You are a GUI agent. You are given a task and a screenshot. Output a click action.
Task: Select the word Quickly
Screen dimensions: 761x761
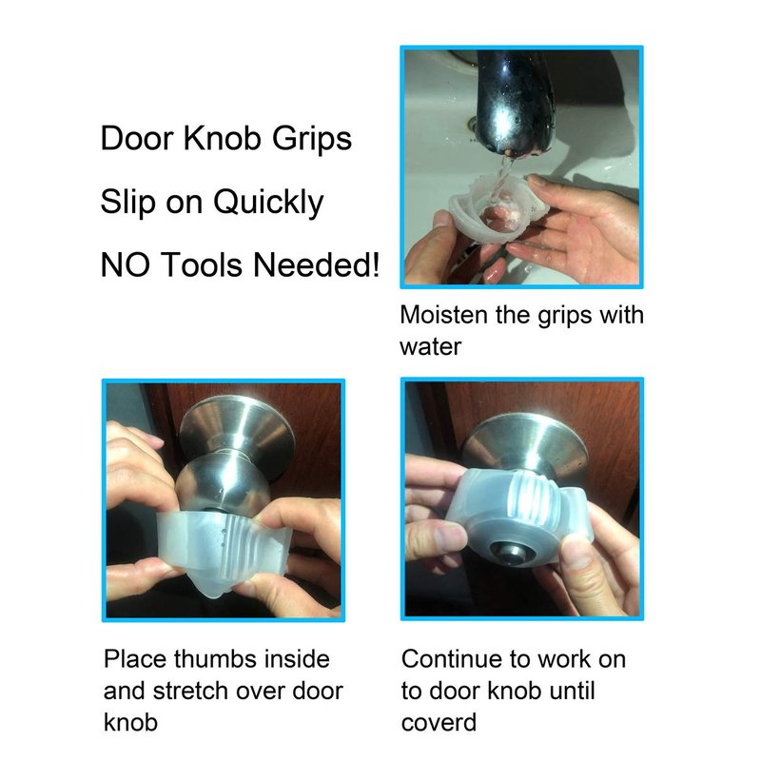pyautogui.click(x=268, y=203)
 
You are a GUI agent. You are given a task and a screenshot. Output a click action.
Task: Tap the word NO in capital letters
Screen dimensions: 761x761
pyautogui.click(x=125, y=265)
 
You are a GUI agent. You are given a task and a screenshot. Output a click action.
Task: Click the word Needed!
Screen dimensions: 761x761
pyautogui.click(x=316, y=265)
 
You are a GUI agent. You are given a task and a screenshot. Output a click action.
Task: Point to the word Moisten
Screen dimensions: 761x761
pyautogui.click(x=444, y=315)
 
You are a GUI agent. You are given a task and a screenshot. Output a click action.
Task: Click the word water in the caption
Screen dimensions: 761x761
pyautogui.click(x=431, y=347)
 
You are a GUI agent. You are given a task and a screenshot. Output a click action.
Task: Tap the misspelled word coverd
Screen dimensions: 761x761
pyautogui.click(x=439, y=723)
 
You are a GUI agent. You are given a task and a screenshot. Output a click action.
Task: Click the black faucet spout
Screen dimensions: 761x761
pyautogui.click(x=516, y=101)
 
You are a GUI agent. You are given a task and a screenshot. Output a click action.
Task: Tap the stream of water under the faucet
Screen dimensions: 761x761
pyautogui.click(x=501, y=179)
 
